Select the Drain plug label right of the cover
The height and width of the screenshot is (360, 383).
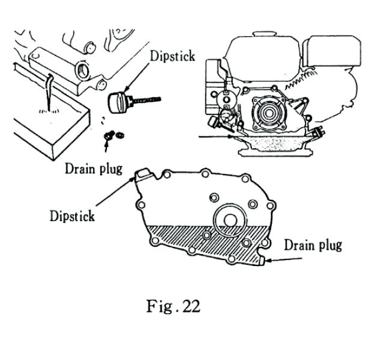[x=312, y=244]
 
